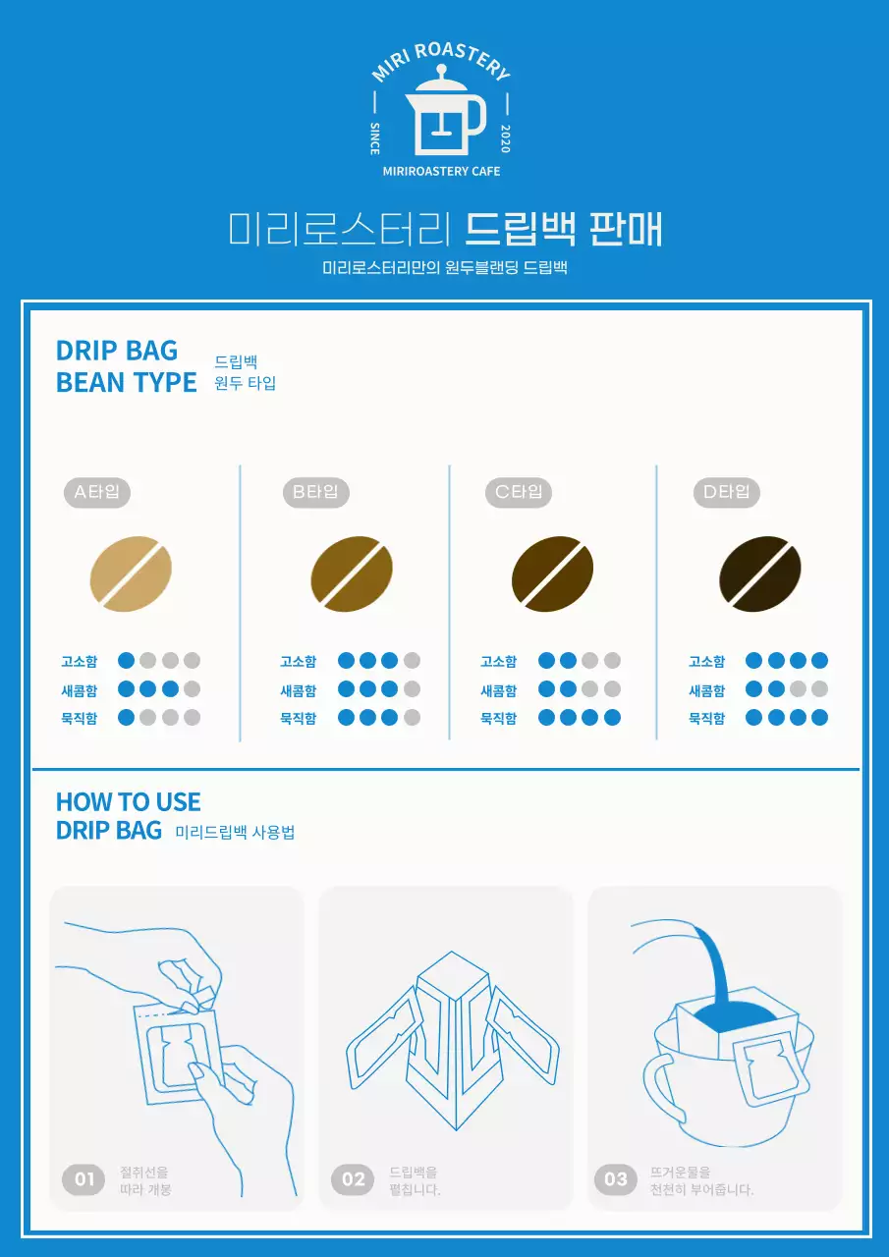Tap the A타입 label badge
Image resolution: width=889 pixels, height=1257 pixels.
(97, 492)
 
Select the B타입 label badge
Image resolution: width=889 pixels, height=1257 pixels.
(315, 492)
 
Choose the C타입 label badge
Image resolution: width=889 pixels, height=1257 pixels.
(519, 492)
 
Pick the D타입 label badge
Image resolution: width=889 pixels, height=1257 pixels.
(727, 492)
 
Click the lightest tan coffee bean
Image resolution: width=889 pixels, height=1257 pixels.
(131, 574)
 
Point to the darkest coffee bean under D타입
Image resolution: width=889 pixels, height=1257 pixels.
(760, 574)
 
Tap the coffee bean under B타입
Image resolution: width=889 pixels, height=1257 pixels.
(352, 574)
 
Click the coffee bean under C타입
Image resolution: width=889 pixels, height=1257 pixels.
(552, 574)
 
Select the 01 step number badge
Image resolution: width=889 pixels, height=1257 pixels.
(84, 1178)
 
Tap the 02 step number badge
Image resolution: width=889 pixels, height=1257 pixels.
(354, 1178)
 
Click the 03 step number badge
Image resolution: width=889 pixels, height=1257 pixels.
(616, 1178)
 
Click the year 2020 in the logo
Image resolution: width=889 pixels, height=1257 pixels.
(505, 139)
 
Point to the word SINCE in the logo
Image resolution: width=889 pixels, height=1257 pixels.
(375, 138)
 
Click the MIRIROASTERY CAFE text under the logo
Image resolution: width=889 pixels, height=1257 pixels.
(441, 171)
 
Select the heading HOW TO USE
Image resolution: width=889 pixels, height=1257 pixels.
(129, 801)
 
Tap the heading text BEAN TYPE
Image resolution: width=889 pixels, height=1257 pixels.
(127, 382)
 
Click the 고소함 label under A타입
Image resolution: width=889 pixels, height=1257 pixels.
(80, 661)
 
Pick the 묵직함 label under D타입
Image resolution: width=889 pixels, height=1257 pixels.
(707, 718)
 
